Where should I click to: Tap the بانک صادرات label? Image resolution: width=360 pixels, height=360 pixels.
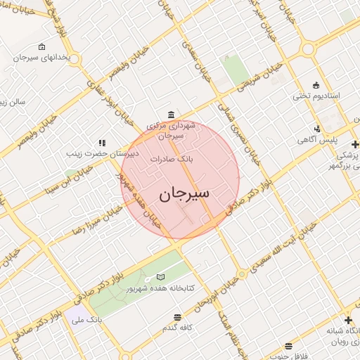(x=172, y=160)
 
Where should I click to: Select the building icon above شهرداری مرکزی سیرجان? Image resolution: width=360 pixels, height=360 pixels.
(x=171, y=115)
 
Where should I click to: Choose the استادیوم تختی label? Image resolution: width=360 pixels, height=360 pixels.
(x=316, y=96)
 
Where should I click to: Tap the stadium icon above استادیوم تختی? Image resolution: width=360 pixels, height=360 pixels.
(x=316, y=85)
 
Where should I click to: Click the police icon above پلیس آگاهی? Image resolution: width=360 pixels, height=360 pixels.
(x=318, y=129)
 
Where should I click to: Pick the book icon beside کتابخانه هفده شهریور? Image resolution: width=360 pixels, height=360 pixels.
(x=160, y=277)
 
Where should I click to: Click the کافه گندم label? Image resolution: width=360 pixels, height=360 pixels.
(x=178, y=328)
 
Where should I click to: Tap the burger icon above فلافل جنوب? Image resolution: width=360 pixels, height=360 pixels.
(x=288, y=346)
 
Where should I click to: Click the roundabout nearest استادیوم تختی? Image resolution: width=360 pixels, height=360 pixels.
(x=308, y=49)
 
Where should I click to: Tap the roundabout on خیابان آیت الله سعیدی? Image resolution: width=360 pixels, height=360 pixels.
(x=242, y=273)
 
